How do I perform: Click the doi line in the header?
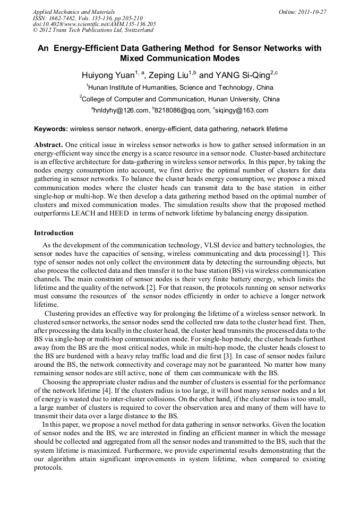95,24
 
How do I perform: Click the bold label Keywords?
51,129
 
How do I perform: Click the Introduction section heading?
54,233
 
